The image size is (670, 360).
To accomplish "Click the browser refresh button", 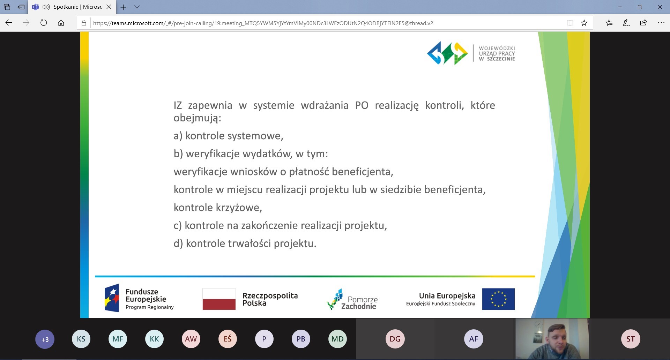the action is pyautogui.click(x=44, y=23).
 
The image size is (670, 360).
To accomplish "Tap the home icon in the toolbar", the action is pyautogui.click(x=61, y=23).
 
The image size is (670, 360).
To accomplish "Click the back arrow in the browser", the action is pyautogui.click(x=9, y=23).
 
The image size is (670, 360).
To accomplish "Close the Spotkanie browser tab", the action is pyautogui.click(x=109, y=7).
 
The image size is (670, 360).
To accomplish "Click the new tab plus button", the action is pyautogui.click(x=123, y=7).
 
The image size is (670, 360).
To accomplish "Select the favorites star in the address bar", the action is pyautogui.click(x=584, y=23).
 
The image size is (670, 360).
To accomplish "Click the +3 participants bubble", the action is pyautogui.click(x=45, y=339).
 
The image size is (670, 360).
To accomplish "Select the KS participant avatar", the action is pyautogui.click(x=81, y=339).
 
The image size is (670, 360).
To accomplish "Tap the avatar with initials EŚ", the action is pyautogui.click(x=228, y=339).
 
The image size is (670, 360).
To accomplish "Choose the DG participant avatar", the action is pyautogui.click(x=395, y=339).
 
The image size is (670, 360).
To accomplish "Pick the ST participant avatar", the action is pyautogui.click(x=631, y=339).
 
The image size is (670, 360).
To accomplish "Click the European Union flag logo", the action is pyautogui.click(x=498, y=299).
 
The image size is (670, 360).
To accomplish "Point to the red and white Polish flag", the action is pyautogui.click(x=219, y=299).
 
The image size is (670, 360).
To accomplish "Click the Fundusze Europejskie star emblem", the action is pyautogui.click(x=112, y=298).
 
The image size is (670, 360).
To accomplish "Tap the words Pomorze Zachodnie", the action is pyautogui.click(x=359, y=303).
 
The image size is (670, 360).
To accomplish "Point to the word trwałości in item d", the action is pyautogui.click(x=249, y=243).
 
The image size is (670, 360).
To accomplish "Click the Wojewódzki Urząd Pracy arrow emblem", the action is pyautogui.click(x=447, y=53).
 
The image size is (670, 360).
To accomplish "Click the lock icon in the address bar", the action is pyautogui.click(x=84, y=23).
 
